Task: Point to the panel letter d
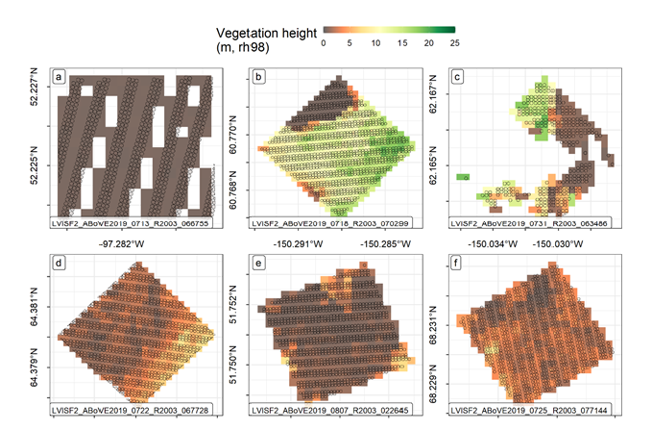click(x=60, y=262)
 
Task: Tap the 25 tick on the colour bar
click(x=454, y=43)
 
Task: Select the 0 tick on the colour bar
click(x=325, y=43)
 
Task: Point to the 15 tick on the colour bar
click(x=402, y=43)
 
